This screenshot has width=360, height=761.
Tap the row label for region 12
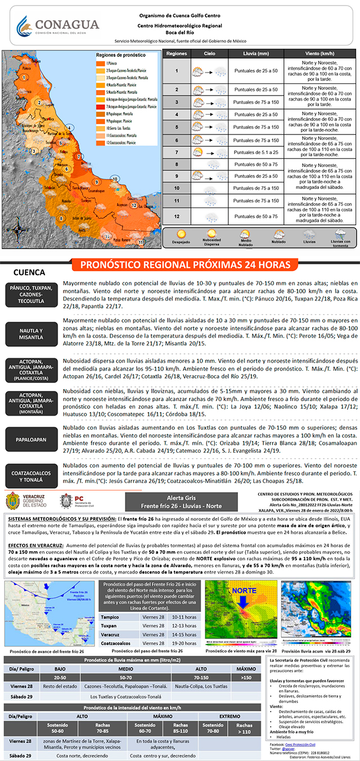[177, 216]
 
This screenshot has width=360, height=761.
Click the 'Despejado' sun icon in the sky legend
[181, 236]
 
